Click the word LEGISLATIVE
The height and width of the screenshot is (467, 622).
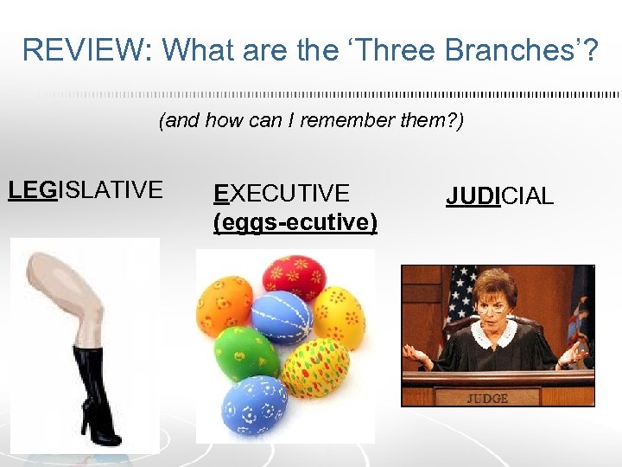pyautogui.click(x=85, y=189)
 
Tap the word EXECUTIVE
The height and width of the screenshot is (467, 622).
pyautogui.click(x=282, y=193)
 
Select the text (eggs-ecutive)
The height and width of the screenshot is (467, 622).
pyautogui.click(x=295, y=222)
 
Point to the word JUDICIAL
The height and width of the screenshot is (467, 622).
pyautogui.click(x=499, y=196)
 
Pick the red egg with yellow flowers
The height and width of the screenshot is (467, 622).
pyautogui.click(x=295, y=275)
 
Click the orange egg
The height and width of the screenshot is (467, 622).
pyautogui.click(x=224, y=304)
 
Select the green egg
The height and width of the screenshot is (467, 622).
pyautogui.click(x=247, y=354)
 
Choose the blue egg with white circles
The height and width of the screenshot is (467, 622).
pyautogui.click(x=256, y=407)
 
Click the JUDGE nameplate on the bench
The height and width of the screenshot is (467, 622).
pyautogui.click(x=487, y=399)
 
